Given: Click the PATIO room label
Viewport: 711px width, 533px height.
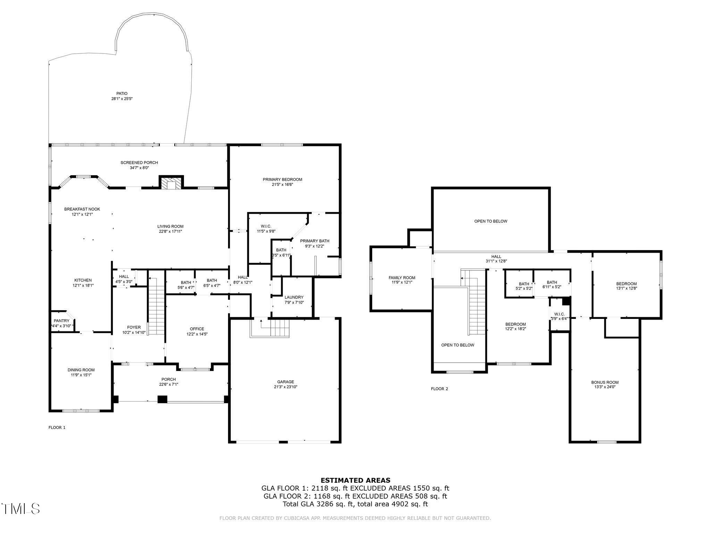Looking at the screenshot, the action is tap(122, 93).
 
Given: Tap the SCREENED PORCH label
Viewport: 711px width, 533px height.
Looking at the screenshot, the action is tap(139, 162).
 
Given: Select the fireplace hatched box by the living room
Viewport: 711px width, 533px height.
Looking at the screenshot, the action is tap(171, 184).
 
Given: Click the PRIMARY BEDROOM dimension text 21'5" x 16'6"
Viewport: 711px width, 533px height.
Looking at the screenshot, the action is tap(282, 185).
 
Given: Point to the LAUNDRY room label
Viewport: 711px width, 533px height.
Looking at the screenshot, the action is tap(294, 297).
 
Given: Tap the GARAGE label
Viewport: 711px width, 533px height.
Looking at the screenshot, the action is tap(286, 382).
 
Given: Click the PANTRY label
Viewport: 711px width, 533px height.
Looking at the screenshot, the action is tap(61, 321).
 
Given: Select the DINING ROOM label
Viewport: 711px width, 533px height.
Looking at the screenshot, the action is tap(81, 370).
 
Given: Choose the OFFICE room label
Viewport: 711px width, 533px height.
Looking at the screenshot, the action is tap(197, 329).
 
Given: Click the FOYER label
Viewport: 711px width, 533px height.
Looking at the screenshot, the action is tap(134, 327).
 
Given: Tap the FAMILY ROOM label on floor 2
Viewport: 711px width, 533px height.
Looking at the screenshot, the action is tap(402, 278).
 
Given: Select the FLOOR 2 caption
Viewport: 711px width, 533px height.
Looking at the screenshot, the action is tap(440, 389).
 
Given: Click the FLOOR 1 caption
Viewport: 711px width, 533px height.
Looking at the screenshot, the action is tap(57, 428).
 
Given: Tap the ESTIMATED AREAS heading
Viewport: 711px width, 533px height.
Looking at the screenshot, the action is tap(355, 480).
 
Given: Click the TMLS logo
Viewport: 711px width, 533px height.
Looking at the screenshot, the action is tap(21, 509).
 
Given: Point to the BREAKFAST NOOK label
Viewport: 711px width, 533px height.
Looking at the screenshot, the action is tap(82, 209).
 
